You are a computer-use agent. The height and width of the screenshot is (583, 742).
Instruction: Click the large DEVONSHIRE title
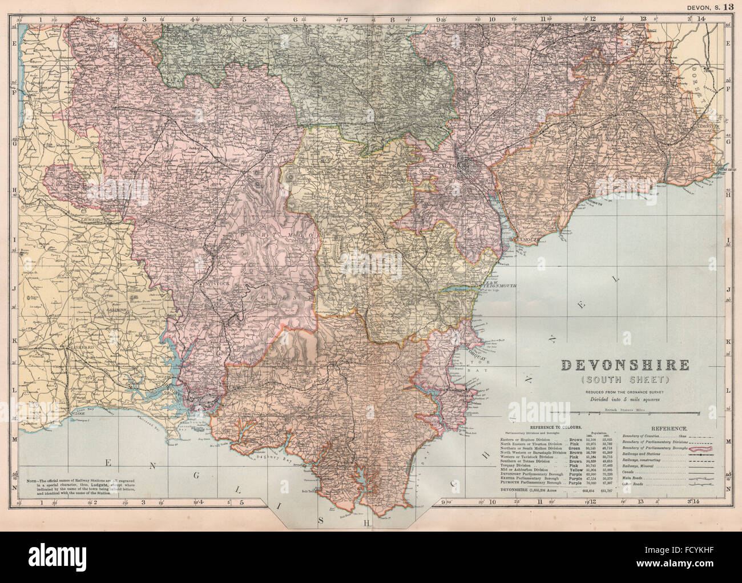point(626,365)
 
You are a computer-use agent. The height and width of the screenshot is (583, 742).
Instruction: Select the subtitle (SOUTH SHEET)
point(626,379)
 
